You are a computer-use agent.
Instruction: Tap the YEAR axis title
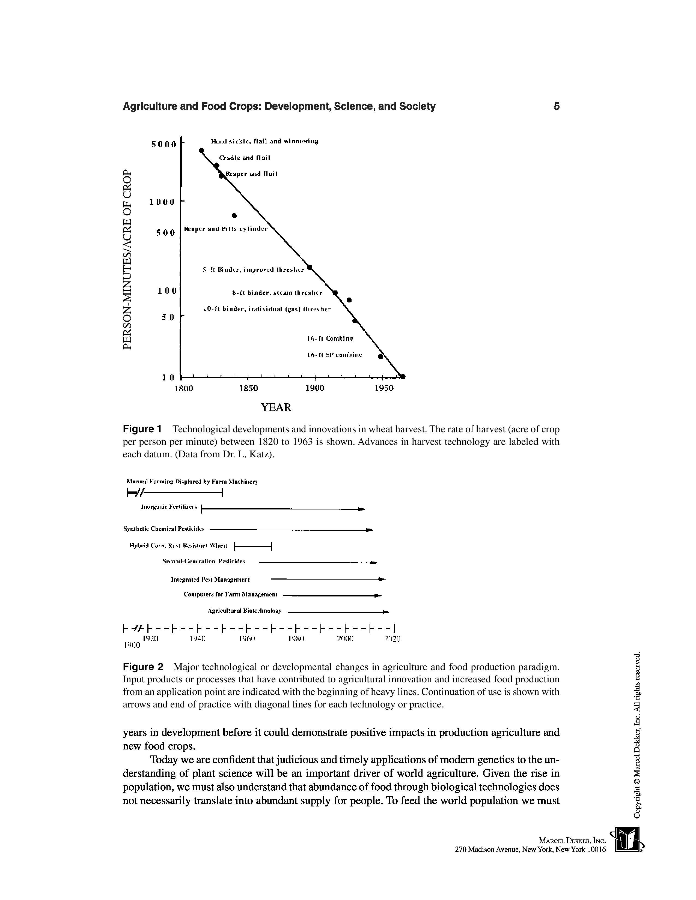(276, 407)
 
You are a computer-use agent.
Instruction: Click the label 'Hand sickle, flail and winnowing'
(264, 141)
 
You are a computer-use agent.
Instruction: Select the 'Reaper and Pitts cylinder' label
(225, 229)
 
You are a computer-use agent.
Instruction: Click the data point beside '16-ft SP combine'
(380, 357)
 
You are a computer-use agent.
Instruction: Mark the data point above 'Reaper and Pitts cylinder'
(234, 215)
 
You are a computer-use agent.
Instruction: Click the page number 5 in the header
(557, 106)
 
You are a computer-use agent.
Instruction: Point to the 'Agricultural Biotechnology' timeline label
(245, 610)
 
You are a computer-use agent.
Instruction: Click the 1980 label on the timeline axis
(296, 639)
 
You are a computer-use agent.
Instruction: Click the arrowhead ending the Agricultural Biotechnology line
(386, 612)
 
